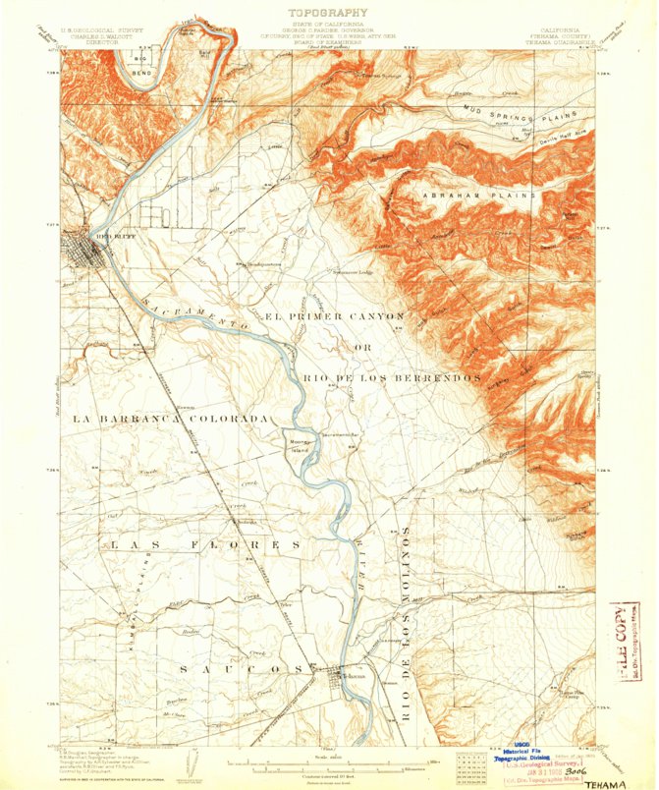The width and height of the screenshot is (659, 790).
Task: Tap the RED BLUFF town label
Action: tap(105, 236)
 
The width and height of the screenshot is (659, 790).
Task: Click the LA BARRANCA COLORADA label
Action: tap(171, 419)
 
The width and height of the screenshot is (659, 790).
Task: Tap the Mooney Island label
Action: tap(299, 443)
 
